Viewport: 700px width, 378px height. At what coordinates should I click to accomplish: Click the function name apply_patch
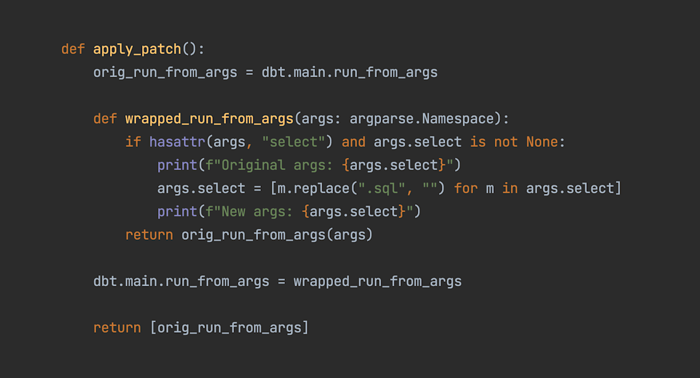click(x=137, y=49)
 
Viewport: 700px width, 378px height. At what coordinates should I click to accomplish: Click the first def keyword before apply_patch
click(x=73, y=49)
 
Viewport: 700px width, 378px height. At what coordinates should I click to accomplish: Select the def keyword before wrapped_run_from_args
click(x=105, y=119)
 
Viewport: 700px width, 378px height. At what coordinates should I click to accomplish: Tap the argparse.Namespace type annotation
click(x=422, y=119)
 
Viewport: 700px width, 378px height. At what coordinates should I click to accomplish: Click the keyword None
click(x=542, y=142)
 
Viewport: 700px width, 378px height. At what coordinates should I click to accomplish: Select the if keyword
click(x=133, y=142)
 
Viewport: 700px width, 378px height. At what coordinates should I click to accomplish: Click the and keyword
click(x=353, y=142)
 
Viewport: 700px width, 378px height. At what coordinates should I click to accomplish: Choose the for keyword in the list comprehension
click(x=465, y=188)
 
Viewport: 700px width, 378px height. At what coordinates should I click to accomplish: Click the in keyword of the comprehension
click(x=510, y=188)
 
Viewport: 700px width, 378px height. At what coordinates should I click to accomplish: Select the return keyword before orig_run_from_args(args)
click(x=149, y=235)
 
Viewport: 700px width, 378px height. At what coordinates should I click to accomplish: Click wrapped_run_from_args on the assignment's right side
click(x=377, y=281)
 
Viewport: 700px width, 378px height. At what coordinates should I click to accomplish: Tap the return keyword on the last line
click(x=117, y=328)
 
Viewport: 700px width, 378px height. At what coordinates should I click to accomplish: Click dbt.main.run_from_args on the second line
click(x=349, y=72)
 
